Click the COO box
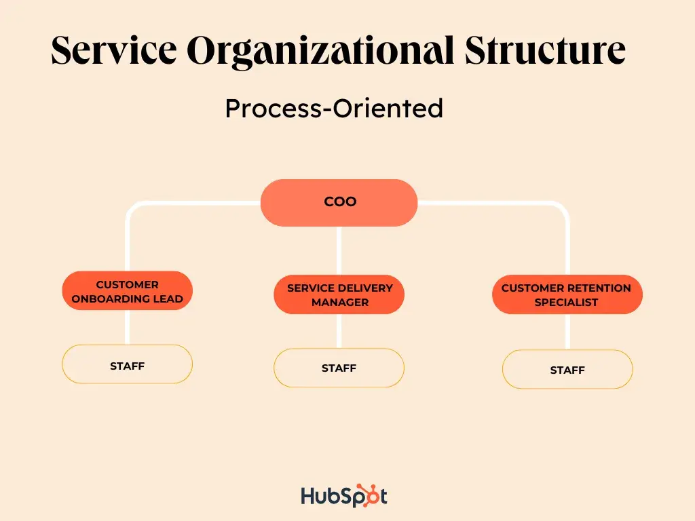(x=339, y=202)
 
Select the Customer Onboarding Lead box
(x=127, y=290)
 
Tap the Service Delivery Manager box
(x=339, y=294)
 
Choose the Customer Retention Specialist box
(x=567, y=294)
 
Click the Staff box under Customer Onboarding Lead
(x=127, y=364)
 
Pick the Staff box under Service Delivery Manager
(x=339, y=368)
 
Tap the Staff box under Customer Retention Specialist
(x=567, y=370)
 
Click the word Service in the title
(x=114, y=50)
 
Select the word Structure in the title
(x=545, y=50)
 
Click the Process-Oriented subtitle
(x=334, y=109)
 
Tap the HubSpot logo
(x=344, y=496)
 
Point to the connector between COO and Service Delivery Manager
(x=339, y=251)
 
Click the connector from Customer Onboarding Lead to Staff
(x=127, y=328)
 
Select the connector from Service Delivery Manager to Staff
(x=339, y=331)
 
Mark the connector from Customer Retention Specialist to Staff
(x=567, y=332)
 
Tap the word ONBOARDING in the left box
(x=111, y=299)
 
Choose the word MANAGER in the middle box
(x=340, y=302)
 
